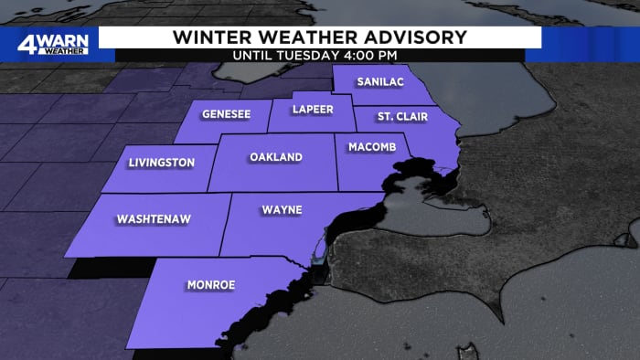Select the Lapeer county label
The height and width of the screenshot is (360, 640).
[308, 109]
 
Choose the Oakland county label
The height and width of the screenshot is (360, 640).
[275, 157]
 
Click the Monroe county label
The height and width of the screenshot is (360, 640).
[211, 285]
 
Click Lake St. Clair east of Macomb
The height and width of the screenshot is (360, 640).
[421, 173]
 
